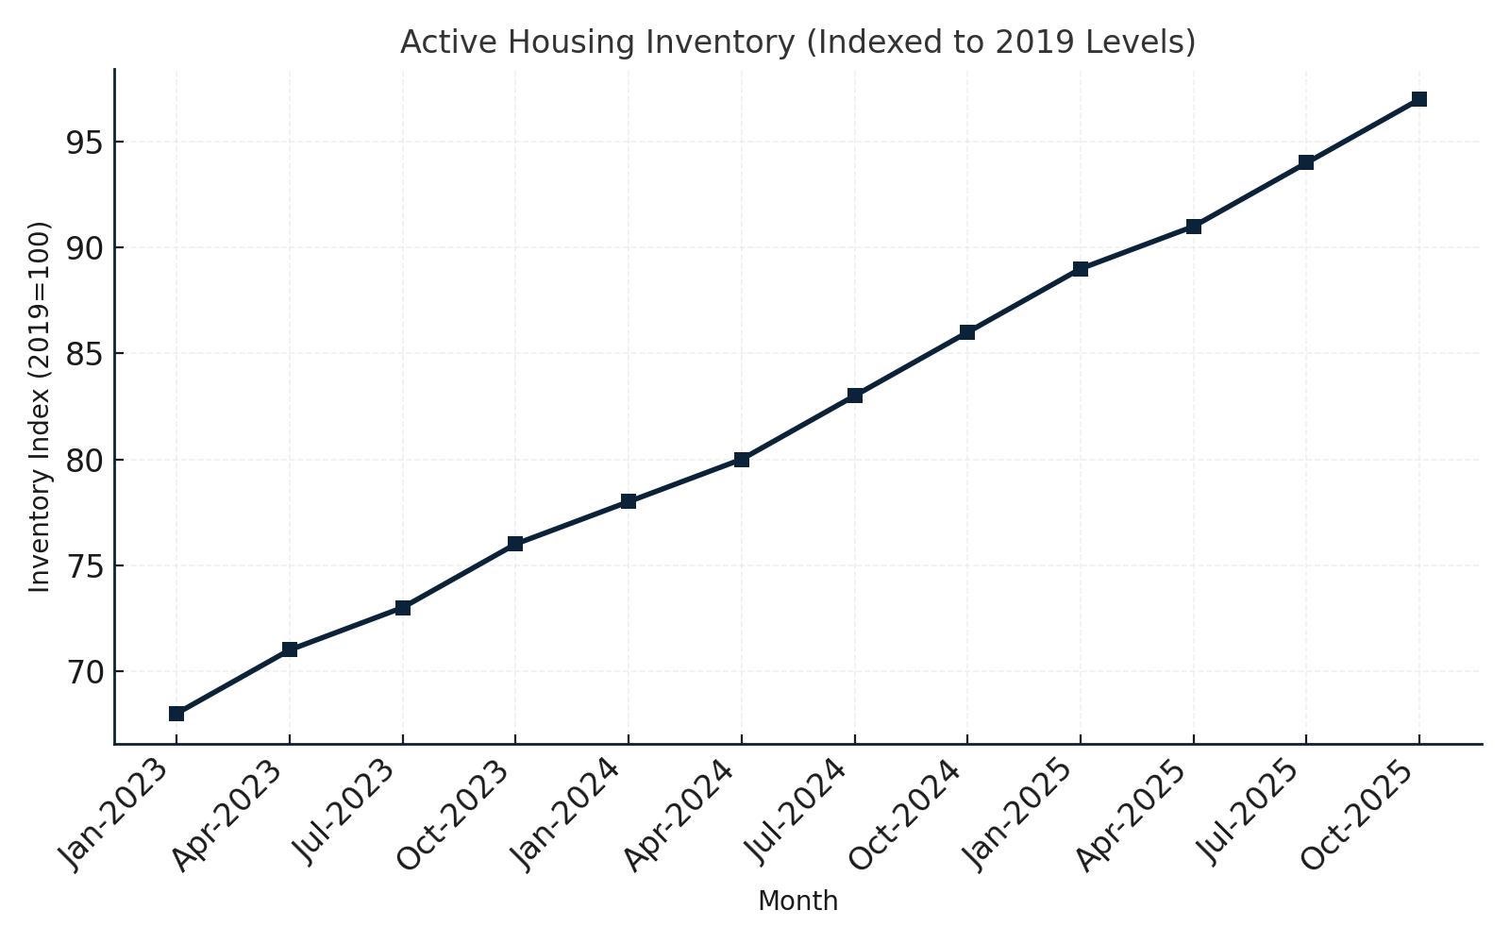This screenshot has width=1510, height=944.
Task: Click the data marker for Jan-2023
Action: tap(176, 714)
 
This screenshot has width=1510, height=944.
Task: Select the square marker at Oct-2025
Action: tap(1418, 99)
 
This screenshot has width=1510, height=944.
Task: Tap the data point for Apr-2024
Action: tap(741, 460)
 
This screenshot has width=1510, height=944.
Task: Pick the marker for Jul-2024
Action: tap(854, 396)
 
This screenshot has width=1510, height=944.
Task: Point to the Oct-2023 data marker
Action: tap(515, 544)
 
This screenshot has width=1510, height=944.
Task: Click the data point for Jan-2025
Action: tap(1080, 269)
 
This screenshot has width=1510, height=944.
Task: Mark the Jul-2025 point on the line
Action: tap(1305, 162)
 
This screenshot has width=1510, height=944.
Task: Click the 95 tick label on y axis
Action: tap(83, 143)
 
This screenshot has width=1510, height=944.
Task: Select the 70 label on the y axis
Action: tap(83, 672)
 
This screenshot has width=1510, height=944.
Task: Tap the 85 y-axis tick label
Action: tap(83, 354)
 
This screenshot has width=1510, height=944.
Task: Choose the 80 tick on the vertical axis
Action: tap(83, 460)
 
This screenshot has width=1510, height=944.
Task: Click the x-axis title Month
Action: tap(797, 902)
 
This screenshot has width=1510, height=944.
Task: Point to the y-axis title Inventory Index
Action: tap(39, 406)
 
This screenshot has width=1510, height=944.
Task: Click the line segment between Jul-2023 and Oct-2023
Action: tap(459, 576)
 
